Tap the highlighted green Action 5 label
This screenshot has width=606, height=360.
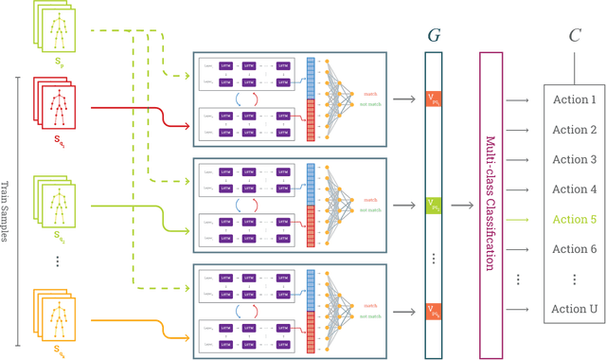click(575, 220)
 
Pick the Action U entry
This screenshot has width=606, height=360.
click(575, 309)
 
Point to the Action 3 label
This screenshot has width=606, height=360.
click(575, 160)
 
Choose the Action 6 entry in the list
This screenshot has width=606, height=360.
click(575, 249)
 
